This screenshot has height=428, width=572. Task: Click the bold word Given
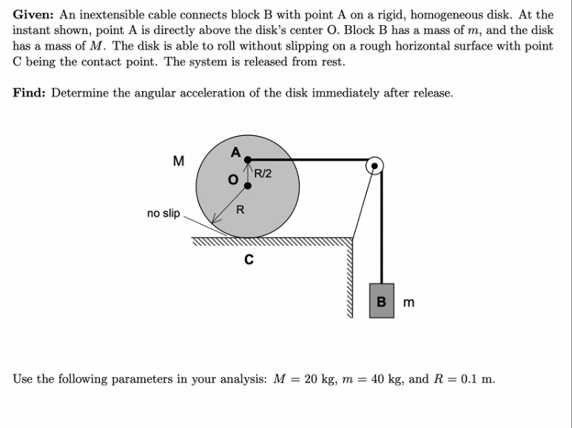click(x=34, y=14)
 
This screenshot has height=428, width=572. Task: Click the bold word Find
click(x=30, y=93)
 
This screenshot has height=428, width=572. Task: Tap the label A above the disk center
click(x=236, y=152)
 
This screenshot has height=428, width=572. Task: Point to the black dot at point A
click(x=248, y=159)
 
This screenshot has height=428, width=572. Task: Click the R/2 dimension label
click(x=263, y=174)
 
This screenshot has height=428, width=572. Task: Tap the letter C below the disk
click(x=248, y=259)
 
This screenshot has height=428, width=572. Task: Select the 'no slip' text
click(x=163, y=214)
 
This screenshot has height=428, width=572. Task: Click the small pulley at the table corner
click(x=375, y=165)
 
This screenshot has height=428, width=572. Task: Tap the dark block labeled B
click(x=382, y=301)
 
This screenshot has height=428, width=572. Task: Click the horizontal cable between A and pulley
click(x=311, y=159)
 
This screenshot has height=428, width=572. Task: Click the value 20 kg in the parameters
click(x=320, y=379)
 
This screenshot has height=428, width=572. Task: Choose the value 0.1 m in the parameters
click(x=477, y=379)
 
